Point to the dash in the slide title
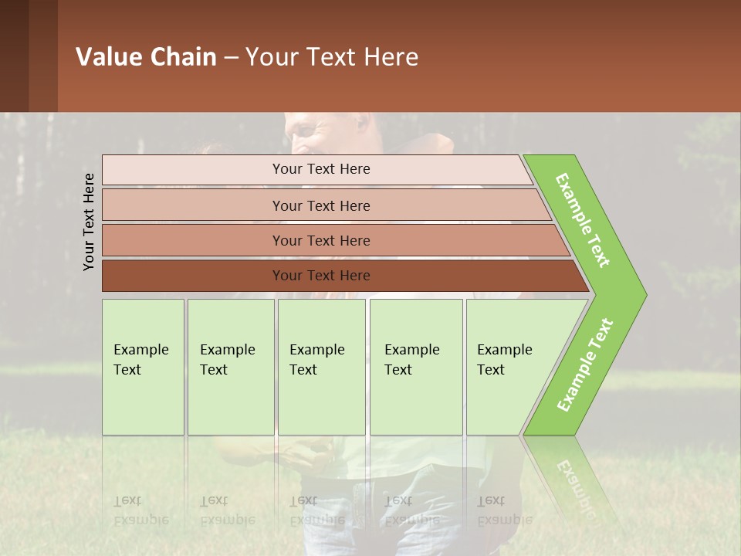[231, 58]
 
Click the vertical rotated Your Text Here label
[89, 222]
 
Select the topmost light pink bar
[320, 169]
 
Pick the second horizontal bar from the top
[320, 205]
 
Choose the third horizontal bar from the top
[320, 240]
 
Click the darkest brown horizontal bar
[320, 276]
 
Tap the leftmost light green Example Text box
[143, 367]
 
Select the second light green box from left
[230, 367]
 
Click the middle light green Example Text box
[321, 367]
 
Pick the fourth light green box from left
[415, 367]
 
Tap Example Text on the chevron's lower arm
[585, 365]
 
